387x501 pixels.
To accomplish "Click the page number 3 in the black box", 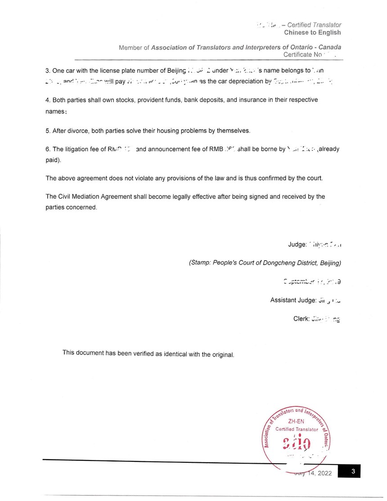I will [x=354, y=472].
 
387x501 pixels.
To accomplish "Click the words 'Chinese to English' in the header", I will [x=312, y=32].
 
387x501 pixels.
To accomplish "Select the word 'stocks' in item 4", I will [x=116, y=99].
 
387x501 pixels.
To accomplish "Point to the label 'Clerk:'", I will [x=301, y=319].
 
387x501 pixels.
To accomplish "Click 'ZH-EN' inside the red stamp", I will [x=297, y=421].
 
